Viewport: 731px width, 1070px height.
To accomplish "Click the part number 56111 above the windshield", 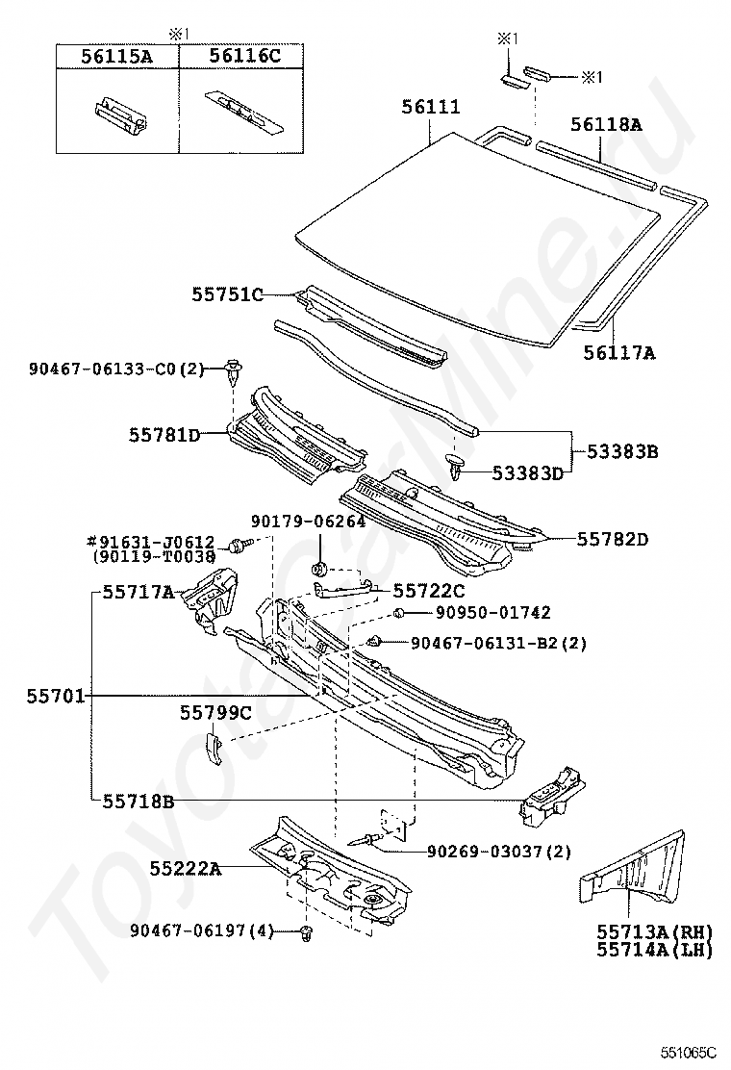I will (431, 108).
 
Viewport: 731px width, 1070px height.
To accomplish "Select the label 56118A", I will (606, 124).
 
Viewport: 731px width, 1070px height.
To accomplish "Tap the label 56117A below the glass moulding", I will (618, 354).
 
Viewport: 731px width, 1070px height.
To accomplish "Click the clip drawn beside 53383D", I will (456, 468).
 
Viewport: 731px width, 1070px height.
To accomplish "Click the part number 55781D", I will (164, 435).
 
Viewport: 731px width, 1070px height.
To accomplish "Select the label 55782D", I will (612, 540).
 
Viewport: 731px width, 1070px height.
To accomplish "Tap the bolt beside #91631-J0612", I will (237, 547).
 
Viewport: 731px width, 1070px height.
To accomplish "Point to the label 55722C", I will (429, 590).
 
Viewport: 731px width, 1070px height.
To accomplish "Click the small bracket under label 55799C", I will (215, 747).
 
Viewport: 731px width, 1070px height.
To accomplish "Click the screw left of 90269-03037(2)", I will (363, 839).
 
